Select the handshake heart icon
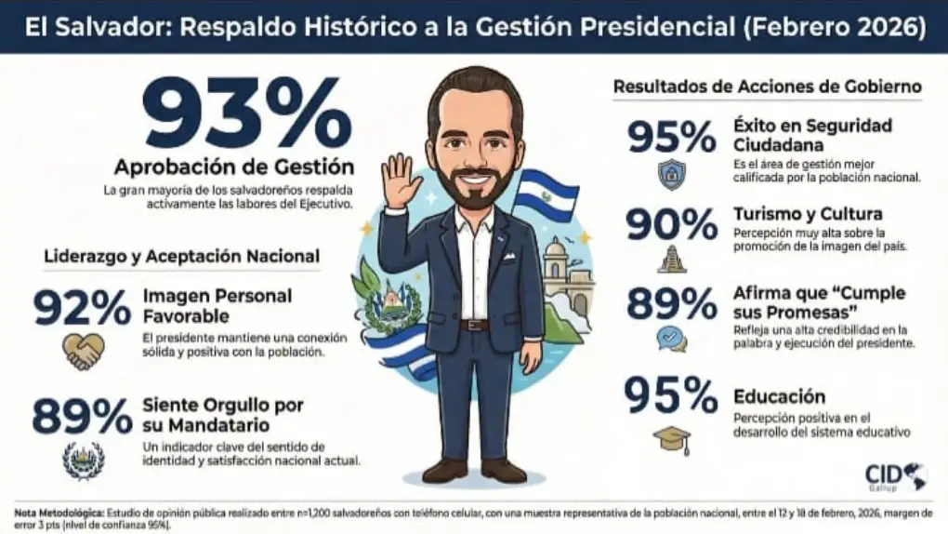coord(83,351)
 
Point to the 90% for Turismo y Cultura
coord(671,225)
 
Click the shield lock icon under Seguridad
coord(671,175)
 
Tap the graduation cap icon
coord(671,438)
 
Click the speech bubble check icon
coord(671,339)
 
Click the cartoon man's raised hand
coord(402,180)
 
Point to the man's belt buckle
coord(475,325)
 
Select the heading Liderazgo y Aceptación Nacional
coord(181,256)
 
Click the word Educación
coord(779,396)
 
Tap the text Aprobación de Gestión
coord(233,167)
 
